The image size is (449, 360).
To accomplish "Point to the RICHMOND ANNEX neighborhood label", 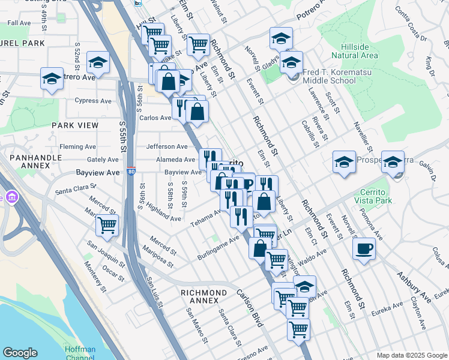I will [x=204, y=293].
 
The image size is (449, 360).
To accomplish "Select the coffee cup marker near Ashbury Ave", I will [x=364, y=248].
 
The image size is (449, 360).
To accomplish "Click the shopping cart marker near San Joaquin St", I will [x=107, y=226].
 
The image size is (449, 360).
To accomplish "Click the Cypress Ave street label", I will [x=92, y=101].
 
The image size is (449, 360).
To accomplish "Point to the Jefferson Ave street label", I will [x=167, y=146].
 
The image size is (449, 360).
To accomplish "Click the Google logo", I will [x=20, y=353].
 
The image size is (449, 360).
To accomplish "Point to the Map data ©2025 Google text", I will [x=412, y=355].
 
